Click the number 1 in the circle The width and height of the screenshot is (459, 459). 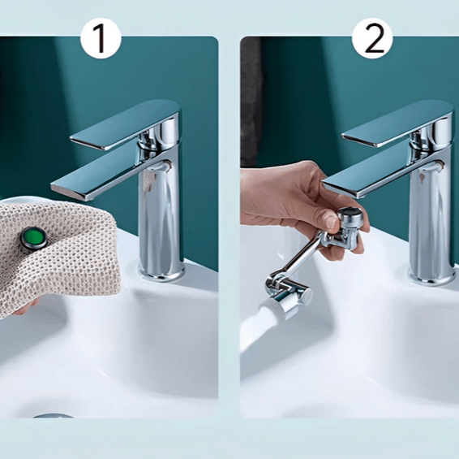tap(101, 39)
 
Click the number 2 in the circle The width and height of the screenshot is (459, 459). tap(373, 39)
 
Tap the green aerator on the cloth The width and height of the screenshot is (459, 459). tap(32, 239)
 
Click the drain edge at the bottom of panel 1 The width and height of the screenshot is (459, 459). tap(53, 416)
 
